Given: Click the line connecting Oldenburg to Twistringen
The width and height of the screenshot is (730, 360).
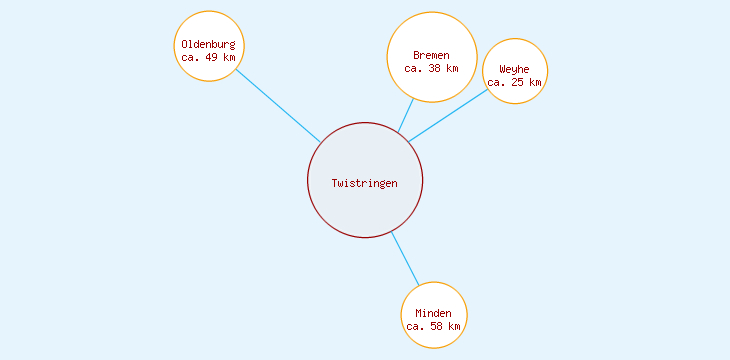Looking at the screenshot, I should click(278, 105).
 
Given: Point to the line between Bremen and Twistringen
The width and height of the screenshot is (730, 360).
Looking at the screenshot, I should click(406, 115).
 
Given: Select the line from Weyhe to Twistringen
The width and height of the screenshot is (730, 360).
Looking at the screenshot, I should click(448, 115).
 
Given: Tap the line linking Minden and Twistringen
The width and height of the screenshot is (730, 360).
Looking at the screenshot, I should click(404, 258).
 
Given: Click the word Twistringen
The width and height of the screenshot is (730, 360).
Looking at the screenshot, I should click(365, 183).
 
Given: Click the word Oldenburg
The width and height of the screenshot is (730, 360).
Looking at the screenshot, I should click(209, 44).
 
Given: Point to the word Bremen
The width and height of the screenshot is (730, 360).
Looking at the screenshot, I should click(432, 55).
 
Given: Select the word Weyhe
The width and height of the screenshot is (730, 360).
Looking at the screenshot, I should click(515, 69).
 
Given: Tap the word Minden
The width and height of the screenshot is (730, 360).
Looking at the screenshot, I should click(434, 313).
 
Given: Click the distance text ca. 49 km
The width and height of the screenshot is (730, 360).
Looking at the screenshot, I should click(209, 57).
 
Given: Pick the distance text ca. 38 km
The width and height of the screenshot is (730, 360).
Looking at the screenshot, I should click(432, 68).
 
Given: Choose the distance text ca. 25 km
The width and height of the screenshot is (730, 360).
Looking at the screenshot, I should click(515, 82).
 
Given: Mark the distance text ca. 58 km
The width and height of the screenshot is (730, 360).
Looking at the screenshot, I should click(434, 326).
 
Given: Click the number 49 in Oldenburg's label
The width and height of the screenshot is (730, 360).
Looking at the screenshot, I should click(212, 57).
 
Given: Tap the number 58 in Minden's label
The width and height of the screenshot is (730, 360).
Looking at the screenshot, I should click(437, 326).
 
